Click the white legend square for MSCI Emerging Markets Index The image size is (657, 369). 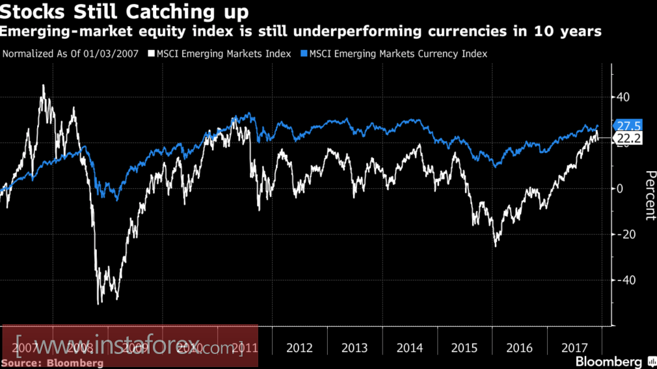tap(151, 54)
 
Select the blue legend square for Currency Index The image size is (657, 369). tap(304, 54)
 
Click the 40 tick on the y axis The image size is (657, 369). tap(623, 98)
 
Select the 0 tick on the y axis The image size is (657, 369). tap(620, 189)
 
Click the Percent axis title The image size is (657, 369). tap(649, 195)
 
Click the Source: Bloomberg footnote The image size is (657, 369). tap(52, 362)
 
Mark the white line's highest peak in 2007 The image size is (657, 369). tap(44, 85)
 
